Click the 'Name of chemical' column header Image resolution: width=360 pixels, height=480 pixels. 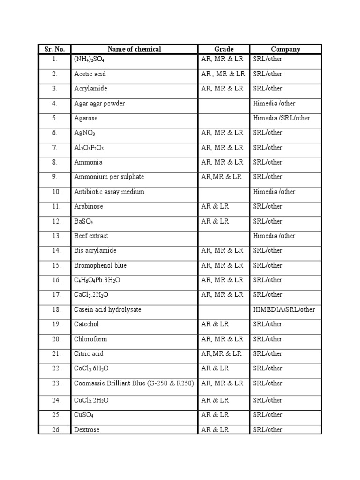134,49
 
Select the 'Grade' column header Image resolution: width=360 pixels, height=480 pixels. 224,49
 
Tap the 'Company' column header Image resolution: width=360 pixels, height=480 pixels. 285,49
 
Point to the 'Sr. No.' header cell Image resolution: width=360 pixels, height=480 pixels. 55,49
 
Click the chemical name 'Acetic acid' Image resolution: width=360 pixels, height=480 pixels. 90,74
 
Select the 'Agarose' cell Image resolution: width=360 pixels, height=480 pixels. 86,118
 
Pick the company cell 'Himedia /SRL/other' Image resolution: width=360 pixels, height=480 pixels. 281,118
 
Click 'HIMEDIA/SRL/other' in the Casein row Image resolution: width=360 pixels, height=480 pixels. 284,309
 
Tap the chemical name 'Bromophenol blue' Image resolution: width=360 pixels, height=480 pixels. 100,265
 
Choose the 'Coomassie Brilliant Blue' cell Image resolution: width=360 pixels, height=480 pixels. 134,383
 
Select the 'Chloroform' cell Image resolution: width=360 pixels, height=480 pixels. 89,339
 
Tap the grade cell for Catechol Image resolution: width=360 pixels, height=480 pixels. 215,324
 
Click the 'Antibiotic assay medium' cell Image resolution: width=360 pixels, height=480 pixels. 109,192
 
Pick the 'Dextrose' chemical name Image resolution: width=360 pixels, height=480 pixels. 87,430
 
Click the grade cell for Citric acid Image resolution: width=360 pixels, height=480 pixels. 221,353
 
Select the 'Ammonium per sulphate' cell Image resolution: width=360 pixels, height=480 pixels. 109,177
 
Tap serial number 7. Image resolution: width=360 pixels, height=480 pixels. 55,148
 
